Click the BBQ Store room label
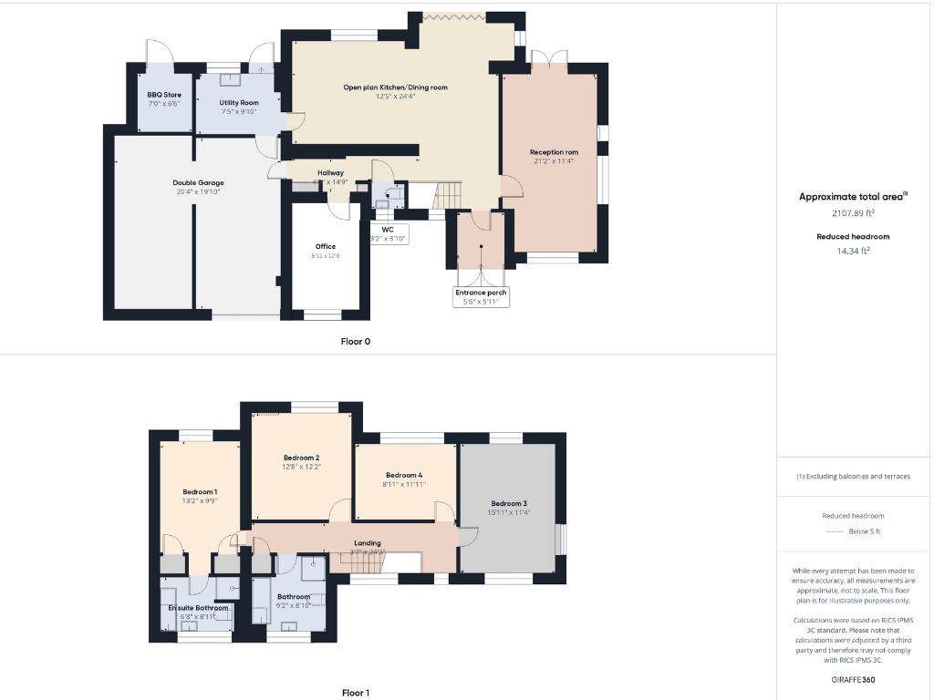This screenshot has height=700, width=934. coord(164,95)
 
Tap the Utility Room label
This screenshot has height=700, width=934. coord(239,103)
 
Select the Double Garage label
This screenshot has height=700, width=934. coord(198,183)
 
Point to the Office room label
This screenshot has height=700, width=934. coord(326,246)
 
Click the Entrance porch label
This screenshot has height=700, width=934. coord(481,293)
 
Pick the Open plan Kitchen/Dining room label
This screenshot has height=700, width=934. coord(395,87)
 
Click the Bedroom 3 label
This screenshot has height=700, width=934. coord(509,503)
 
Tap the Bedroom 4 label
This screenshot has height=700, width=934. coord(404,475)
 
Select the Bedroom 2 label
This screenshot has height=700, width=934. coord(301,458)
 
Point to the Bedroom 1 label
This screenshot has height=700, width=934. coord(199,491)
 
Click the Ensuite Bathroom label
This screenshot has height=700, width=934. coord(198,607)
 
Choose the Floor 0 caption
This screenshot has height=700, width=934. coord(356,342)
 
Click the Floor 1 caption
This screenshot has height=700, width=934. coord(356,693)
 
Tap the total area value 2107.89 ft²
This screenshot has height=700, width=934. coord(853,213)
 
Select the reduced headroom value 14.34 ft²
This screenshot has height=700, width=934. coord(853,251)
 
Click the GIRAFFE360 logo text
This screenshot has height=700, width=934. coord(853,679)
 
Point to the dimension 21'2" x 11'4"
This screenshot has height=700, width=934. coord(554,162)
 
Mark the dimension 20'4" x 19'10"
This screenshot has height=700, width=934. coord(198,192)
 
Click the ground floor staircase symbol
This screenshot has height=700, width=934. coord(449,193)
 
